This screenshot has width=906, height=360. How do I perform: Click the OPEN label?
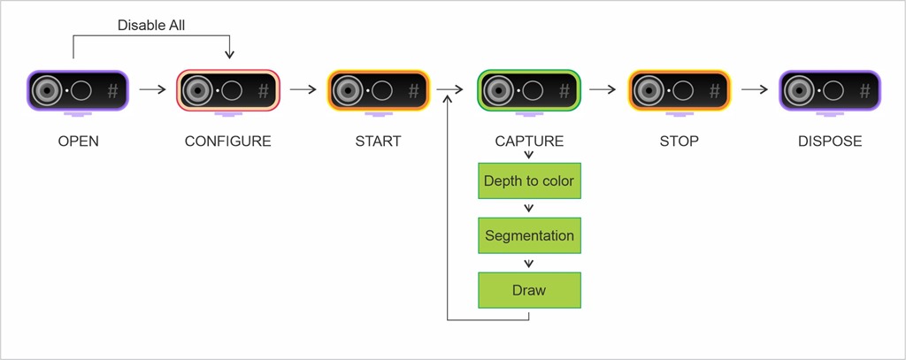point(78,142)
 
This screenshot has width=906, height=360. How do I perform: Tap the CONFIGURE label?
point(227,142)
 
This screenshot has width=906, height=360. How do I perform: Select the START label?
point(378,142)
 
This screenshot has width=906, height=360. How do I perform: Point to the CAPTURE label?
point(529,142)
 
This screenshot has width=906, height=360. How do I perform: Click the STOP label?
point(679,142)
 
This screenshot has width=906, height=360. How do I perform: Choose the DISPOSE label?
point(829,142)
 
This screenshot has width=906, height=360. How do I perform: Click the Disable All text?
point(150,26)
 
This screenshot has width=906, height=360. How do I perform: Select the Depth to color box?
point(529,180)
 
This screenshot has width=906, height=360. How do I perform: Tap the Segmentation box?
point(529,235)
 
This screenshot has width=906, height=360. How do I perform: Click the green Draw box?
point(529,290)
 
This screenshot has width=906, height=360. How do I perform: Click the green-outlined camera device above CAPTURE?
point(529,89)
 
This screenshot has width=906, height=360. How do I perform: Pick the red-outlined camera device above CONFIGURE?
point(228,89)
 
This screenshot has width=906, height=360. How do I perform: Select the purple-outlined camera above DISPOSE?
point(830,89)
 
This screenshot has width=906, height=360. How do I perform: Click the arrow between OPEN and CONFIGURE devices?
point(153,89)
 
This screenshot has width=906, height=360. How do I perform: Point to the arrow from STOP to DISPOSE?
point(755,89)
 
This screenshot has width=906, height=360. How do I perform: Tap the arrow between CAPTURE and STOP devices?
point(603,89)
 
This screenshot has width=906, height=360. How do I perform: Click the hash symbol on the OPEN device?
point(112,90)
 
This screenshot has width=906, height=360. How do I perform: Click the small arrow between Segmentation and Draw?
point(529,263)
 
